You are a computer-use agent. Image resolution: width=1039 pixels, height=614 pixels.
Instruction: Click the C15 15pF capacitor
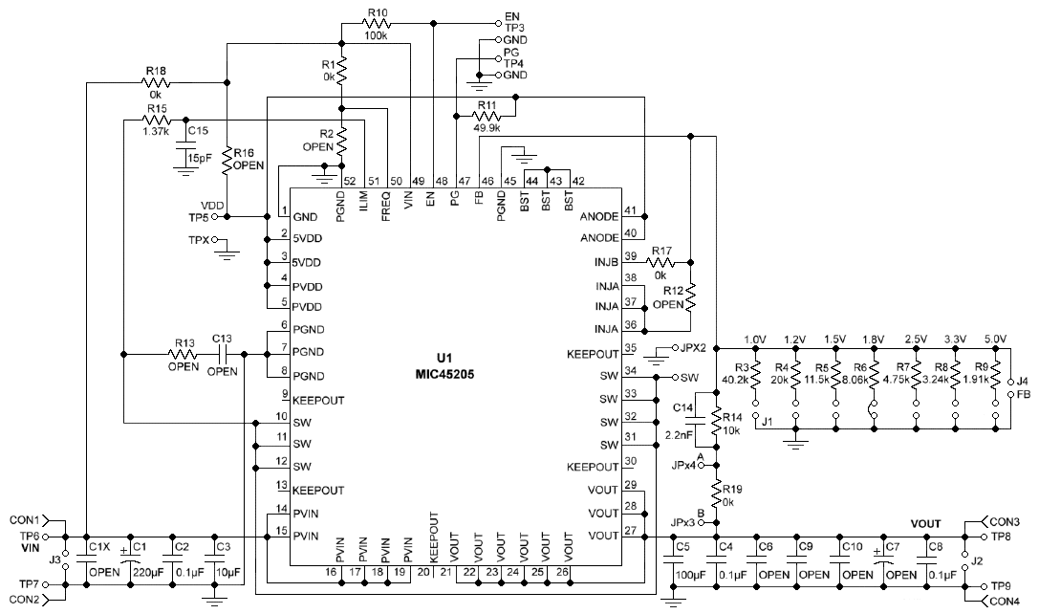(x=181, y=144)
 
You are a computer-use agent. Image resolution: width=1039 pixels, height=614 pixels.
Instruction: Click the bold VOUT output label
(x=925, y=524)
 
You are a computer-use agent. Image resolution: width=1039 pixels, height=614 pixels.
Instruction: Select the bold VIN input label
(x=34, y=550)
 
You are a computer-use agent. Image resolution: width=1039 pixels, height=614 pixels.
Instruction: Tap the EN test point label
(x=512, y=15)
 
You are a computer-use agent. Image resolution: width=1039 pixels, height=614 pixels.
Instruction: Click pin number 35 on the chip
(x=630, y=348)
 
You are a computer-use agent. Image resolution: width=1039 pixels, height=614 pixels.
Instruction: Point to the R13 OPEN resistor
(x=184, y=354)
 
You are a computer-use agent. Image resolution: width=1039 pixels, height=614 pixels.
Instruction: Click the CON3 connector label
(x=1006, y=521)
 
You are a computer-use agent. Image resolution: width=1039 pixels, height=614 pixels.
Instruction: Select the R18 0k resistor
(x=156, y=83)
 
